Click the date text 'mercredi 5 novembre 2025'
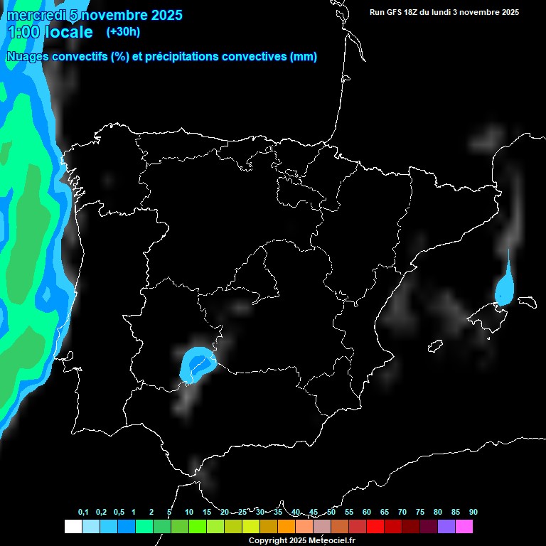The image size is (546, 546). click(94, 15)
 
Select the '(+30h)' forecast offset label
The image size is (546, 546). click(123, 32)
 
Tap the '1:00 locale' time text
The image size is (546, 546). click(50, 32)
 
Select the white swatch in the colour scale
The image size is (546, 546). click(73, 527)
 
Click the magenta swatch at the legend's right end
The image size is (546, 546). click(464, 527)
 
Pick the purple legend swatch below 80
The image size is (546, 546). click(446, 527)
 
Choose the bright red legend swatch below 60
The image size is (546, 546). click(375, 527)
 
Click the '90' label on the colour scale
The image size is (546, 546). click(473, 513)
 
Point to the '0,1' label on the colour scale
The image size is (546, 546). click(83, 513)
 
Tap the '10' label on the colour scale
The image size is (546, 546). click(189, 513)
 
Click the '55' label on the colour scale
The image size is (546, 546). click(349, 513)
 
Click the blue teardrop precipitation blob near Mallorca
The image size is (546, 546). click(506, 288)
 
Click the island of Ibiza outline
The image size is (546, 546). click(435, 346)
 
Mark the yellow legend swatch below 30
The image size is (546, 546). click(251, 527)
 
